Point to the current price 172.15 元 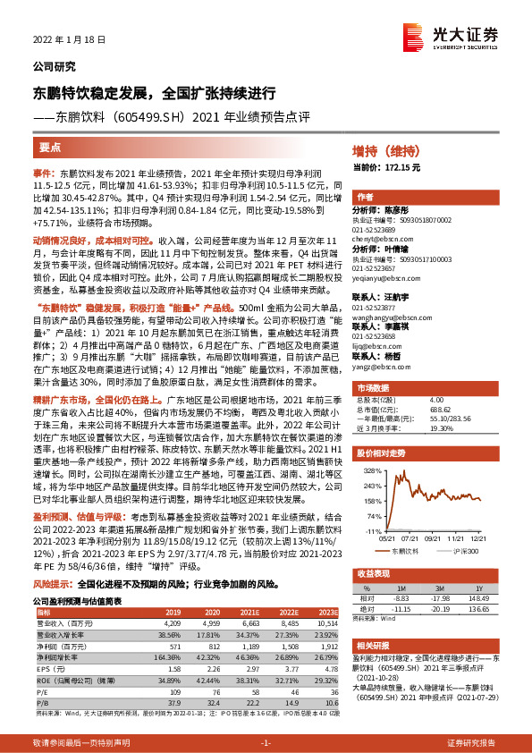pos(408,167)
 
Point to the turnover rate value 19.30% pos(442,428)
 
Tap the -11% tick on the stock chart pos(375,529)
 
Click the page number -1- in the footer pos(266,743)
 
